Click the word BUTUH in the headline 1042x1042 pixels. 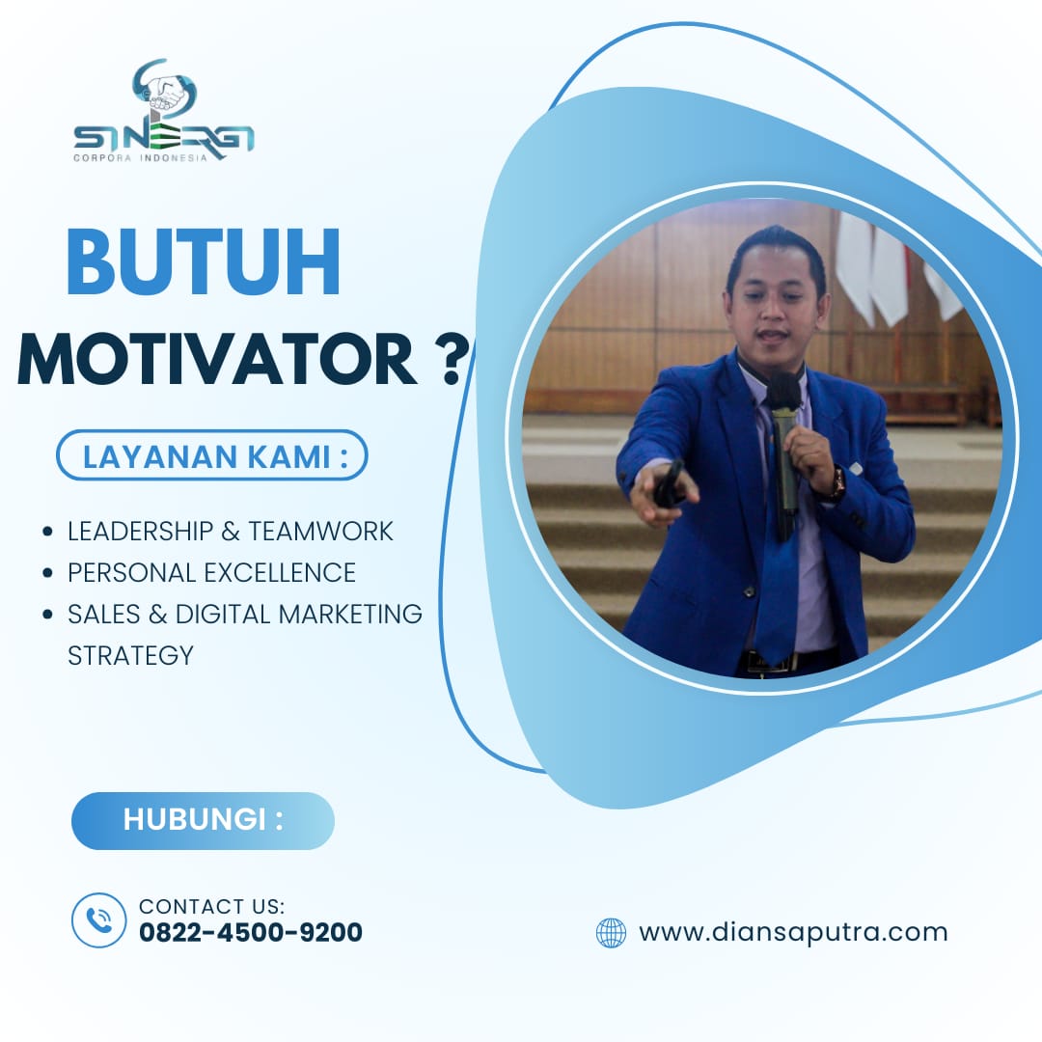pos(204,261)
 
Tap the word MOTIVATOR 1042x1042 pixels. pos(217,359)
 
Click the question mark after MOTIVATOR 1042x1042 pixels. pos(453,359)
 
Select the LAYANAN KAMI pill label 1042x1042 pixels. pos(212,455)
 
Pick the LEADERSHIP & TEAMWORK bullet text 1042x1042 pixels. pos(230,531)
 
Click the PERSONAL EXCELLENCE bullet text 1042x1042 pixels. pos(211,572)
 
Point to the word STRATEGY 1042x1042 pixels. pos(130,655)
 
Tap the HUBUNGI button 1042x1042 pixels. pos(203,820)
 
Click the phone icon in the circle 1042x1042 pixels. pos(99,920)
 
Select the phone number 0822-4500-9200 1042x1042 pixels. pos(251,932)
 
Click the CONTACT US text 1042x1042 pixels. pos(211,906)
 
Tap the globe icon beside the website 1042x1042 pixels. pos(611,932)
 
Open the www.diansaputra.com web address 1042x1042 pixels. pos(793,932)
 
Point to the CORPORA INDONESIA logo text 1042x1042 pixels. pos(140,158)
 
